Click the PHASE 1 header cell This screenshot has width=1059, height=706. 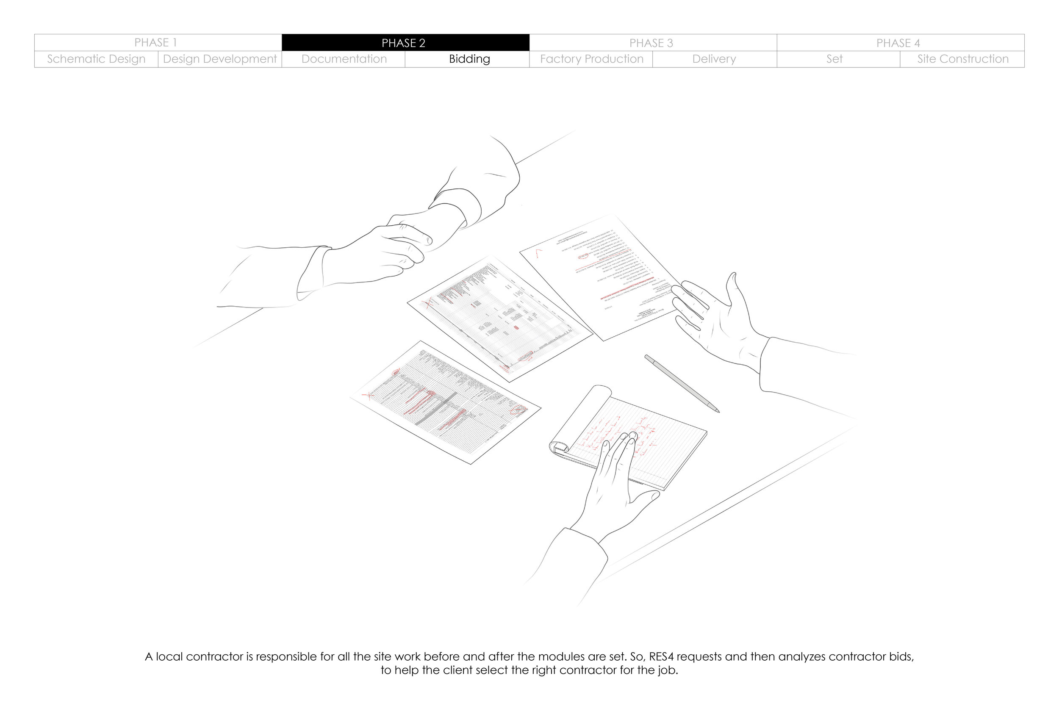155,43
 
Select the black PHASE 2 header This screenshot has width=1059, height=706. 404,43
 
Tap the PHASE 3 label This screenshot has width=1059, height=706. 651,43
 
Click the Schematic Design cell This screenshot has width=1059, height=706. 96,59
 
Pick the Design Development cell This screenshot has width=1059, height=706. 220,59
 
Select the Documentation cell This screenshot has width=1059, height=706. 344,59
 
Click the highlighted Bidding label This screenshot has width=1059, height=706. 469,59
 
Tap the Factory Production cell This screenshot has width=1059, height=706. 592,59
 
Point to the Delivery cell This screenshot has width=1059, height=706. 714,59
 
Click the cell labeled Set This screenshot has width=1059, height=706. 834,59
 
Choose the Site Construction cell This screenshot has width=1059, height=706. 963,59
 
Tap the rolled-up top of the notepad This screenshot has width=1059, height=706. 579,416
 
